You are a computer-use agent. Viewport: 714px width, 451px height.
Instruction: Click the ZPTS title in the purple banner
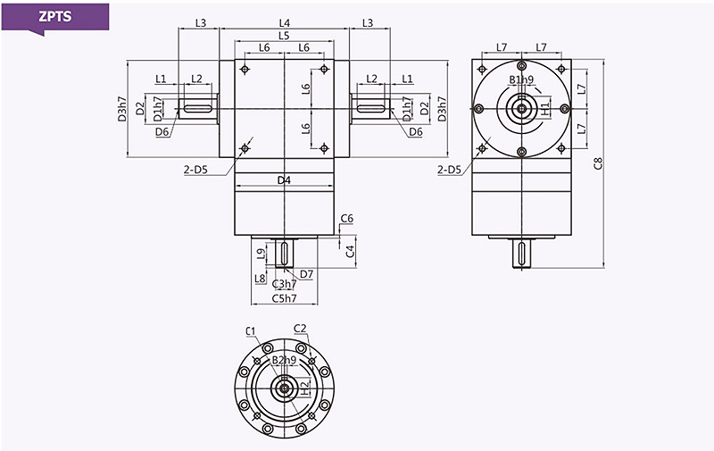tap(55, 16)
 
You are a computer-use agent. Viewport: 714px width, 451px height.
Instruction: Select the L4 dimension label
tap(284, 21)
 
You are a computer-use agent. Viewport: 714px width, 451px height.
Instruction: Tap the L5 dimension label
tap(284, 36)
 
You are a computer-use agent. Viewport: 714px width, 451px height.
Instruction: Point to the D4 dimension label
tap(284, 181)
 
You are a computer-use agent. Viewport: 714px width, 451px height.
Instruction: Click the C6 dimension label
tap(348, 219)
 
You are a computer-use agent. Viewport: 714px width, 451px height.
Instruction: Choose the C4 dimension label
tap(352, 250)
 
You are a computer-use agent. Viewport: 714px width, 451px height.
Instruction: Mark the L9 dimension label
tap(260, 254)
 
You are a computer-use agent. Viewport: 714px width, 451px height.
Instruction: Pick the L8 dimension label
tap(260, 278)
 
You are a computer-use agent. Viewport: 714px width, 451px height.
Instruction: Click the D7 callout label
tap(306, 273)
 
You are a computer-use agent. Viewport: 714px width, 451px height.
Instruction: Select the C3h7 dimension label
tap(286, 284)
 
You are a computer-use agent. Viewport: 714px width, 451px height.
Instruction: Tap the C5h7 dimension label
tap(285, 298)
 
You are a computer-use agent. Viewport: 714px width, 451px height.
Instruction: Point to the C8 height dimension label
tap(598, 163)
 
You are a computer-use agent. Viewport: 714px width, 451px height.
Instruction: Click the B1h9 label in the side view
tap(521, 80)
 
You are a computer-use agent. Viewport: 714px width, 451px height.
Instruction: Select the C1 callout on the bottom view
tap(251, 330)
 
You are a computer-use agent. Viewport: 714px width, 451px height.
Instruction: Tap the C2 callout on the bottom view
tap(300, 329)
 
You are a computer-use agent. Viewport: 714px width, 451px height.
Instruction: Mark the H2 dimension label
tap(305, 388)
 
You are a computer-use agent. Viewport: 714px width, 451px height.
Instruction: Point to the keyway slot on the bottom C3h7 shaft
tap(283, 253)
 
